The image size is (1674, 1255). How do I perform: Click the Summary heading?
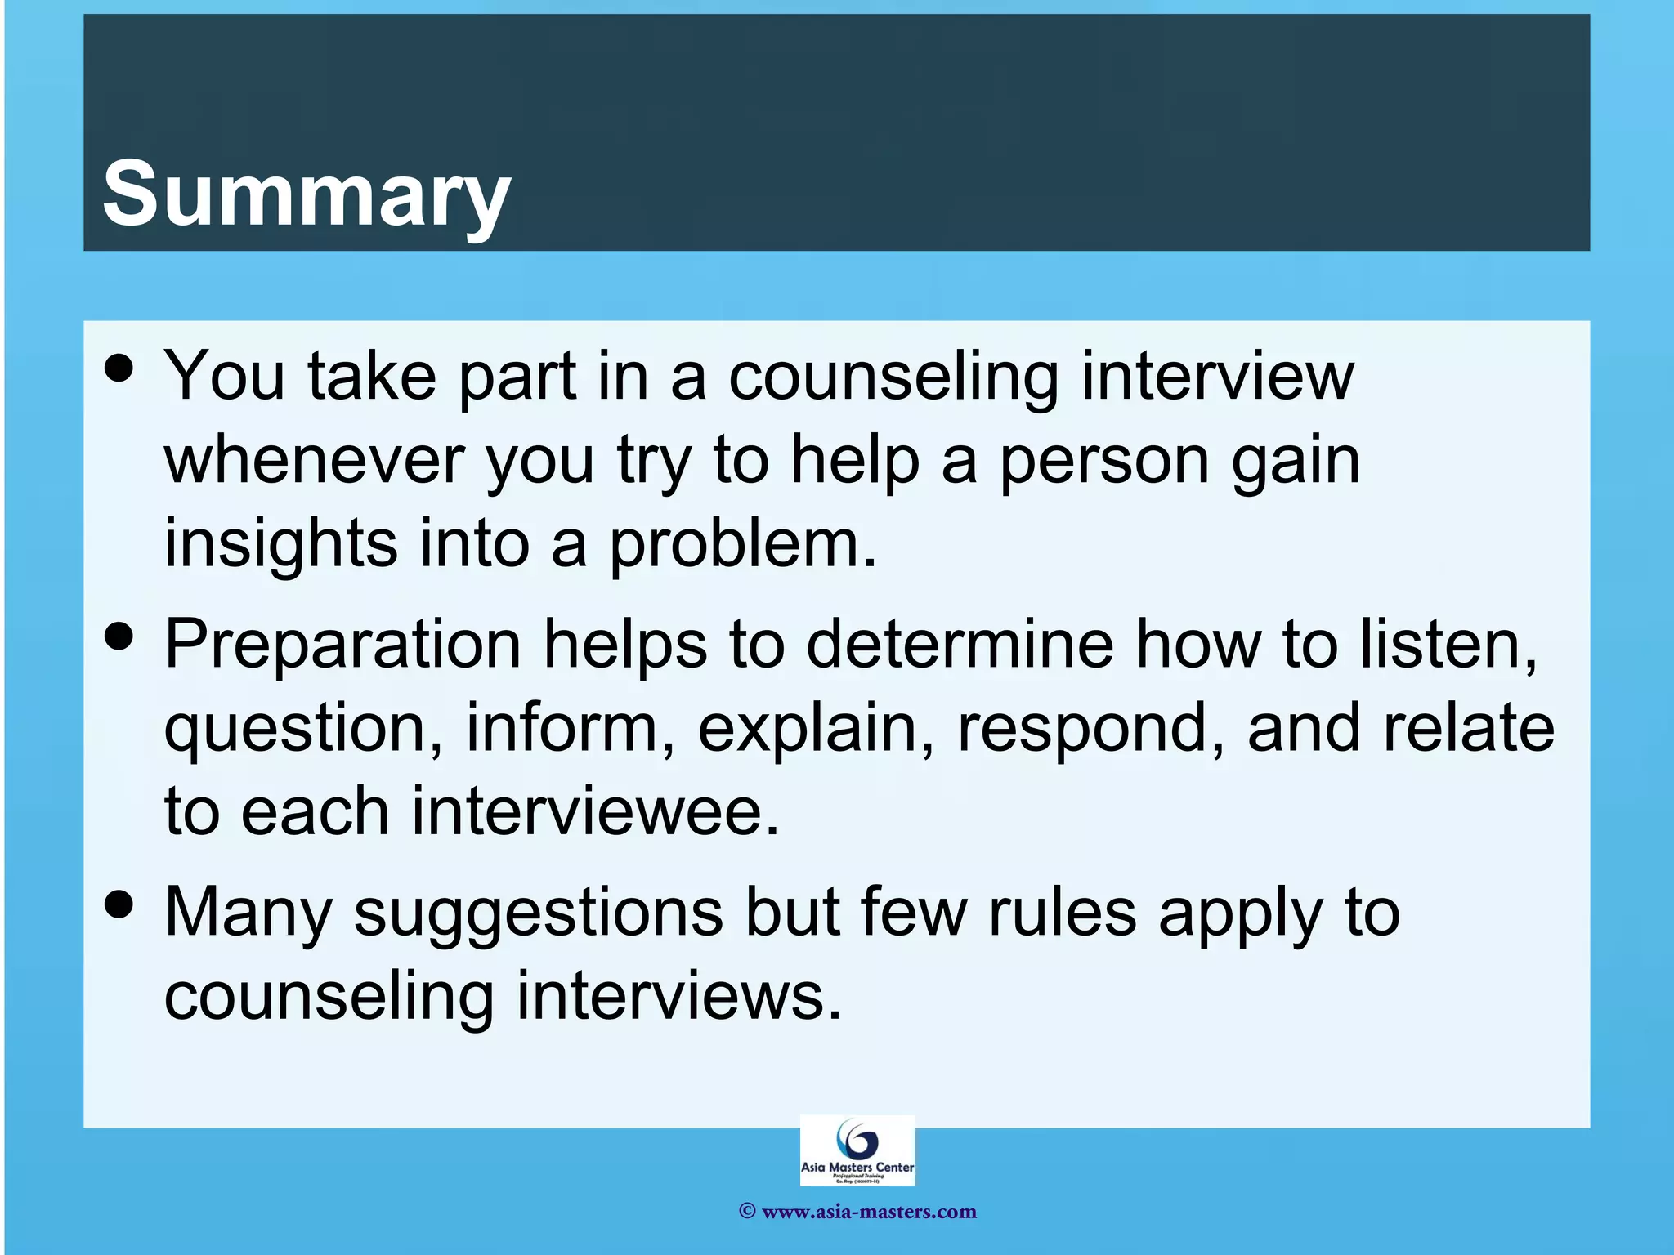(x=307, y=194)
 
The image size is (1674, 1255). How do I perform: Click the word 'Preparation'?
(x=342, y=645)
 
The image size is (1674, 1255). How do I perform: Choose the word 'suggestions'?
(x=538, y=913)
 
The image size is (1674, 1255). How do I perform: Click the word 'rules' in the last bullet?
(x=1062, y=913)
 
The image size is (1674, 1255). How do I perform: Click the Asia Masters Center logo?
(x=857, y=1150)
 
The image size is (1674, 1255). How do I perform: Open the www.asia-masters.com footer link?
(x=869, y=1212)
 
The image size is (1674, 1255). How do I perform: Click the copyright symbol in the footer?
(x=746, y=1212)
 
